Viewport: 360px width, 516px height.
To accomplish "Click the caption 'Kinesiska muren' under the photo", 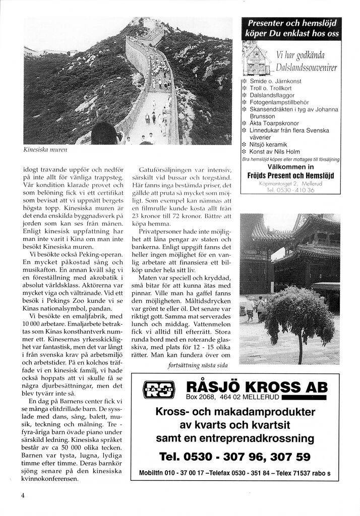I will pos(45,150).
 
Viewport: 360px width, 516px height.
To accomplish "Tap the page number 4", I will pos(23,495).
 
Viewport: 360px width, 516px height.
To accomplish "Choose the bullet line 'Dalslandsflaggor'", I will pos(272,95).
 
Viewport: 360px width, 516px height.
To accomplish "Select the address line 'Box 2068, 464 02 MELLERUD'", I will pos(225,398).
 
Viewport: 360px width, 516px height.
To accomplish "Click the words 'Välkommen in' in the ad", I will pos(290,167).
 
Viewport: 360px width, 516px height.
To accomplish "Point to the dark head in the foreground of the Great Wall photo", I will pos(105,135).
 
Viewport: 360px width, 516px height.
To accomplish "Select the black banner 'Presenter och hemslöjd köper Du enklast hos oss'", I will pos(291,28).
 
